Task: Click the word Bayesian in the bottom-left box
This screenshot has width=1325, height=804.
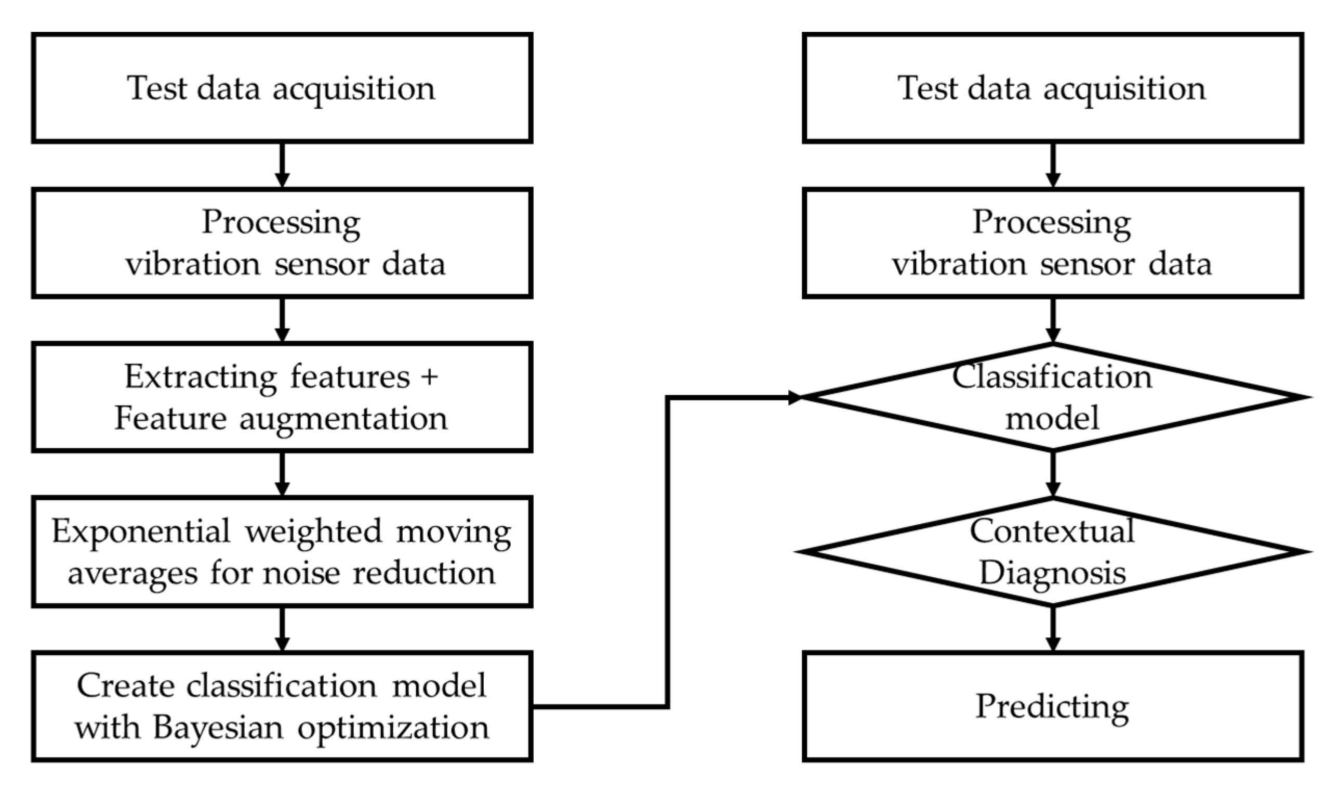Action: point(217,728)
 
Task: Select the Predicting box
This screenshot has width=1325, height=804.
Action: point(1052,706)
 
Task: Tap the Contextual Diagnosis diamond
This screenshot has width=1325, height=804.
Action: point(1052,552)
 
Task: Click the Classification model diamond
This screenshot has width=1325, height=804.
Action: point(1052,397)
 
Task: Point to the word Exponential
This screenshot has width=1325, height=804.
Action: point(141,531)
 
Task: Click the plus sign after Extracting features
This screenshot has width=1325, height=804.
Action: point(430,376)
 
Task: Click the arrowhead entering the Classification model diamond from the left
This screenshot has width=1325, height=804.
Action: point(794,398)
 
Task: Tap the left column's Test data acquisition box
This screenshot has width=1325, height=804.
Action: point(282,88)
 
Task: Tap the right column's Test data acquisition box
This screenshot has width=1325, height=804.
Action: point(1052,88)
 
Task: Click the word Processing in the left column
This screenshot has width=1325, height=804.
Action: point(281,222)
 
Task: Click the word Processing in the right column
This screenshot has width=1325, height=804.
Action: point(1052,222)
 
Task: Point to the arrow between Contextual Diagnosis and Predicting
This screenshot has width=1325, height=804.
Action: point(1053,629)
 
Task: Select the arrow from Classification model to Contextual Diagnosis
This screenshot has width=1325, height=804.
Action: point(1053,474)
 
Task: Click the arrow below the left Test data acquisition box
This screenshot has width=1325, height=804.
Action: point(282,165)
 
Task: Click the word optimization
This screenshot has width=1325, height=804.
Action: point(394,728)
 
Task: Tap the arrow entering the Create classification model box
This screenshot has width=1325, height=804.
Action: point(282,629)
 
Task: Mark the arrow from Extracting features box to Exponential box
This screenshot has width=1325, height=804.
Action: point(282,474)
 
